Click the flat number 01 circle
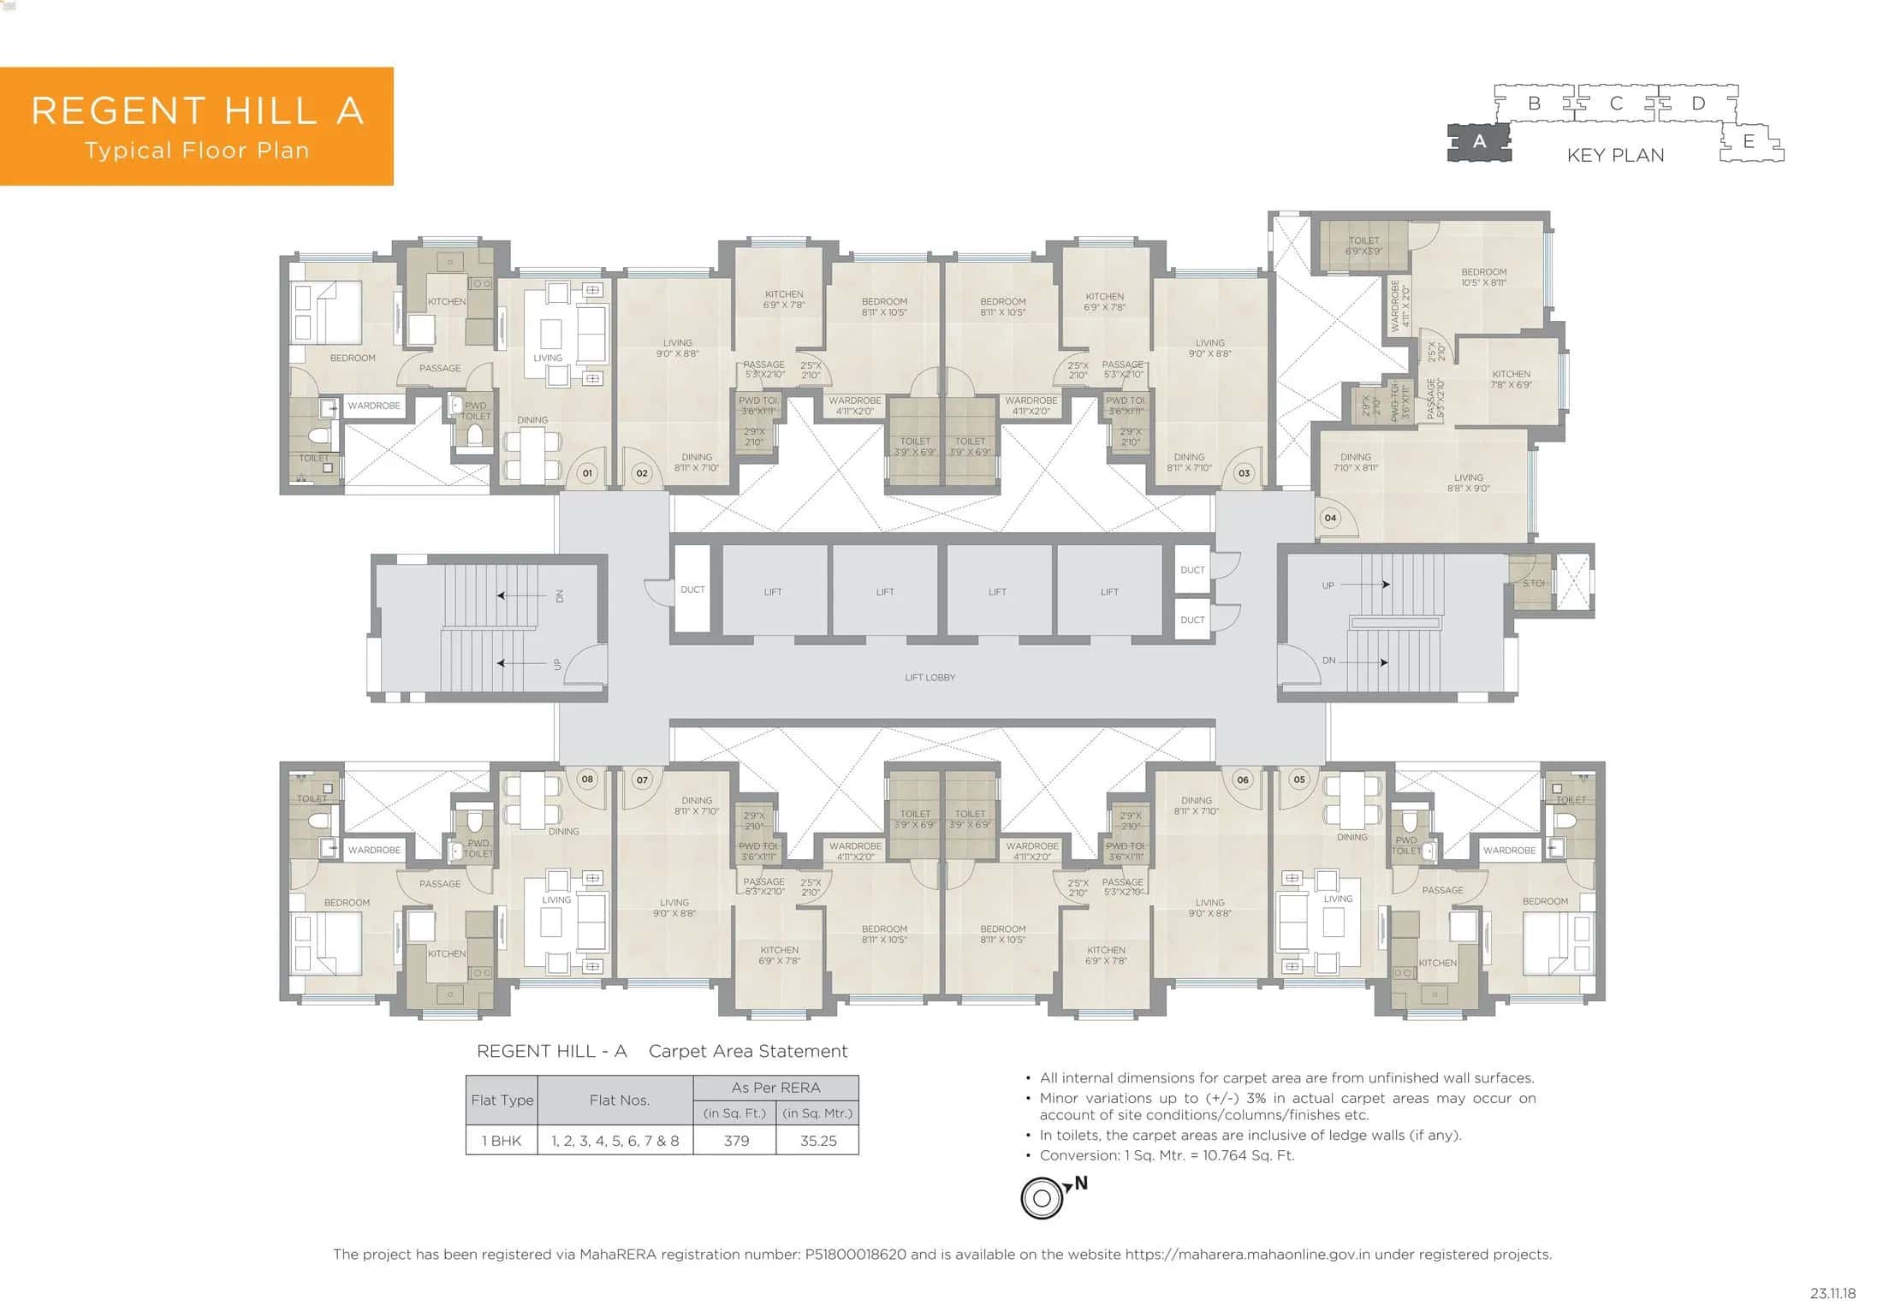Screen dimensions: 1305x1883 [587, 472]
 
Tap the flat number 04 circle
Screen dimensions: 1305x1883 [1330, 518]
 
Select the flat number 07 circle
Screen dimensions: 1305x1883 [642, 780]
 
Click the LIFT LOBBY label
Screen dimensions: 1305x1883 [930, 677]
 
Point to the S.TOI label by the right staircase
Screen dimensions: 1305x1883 [1534, 584]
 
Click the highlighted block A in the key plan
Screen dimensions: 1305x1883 [1479, 142]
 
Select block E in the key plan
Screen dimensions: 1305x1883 [1749, 142]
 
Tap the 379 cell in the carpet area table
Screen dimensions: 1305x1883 [736, 1141]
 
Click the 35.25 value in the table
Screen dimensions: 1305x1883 [817, 1141]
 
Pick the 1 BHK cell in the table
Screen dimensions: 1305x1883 [502, 1141]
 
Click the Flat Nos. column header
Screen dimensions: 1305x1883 [619, 1100]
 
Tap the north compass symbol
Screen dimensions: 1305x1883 [1042, 1198]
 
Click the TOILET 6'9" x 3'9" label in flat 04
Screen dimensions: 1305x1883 [1363, 246]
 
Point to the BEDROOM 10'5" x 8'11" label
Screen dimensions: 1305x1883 [1484, 277]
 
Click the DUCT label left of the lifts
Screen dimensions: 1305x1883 [692, 590]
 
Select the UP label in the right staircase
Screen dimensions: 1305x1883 [1328, 585]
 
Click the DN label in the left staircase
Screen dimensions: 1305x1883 [560, 596]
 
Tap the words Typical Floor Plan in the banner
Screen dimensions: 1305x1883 [197, 151]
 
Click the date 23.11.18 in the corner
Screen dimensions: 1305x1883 [1833, 1293]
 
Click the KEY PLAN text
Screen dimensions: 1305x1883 [1615, 155]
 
